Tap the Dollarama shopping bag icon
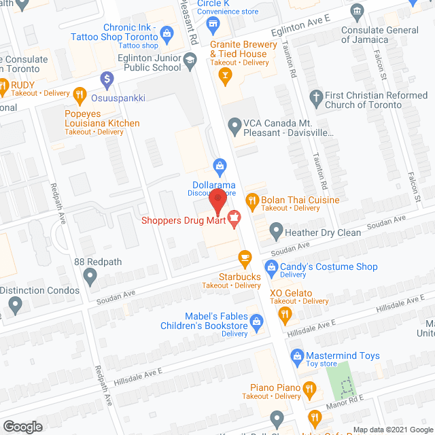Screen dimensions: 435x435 tap(220, 165)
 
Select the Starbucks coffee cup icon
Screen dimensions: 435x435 tap(245, 258)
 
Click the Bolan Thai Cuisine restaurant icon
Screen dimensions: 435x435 tap(252, 200)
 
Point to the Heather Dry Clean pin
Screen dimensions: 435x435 tap(276, 232)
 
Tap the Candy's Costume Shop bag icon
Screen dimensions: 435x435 tap(271, 267)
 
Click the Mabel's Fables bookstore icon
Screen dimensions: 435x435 tap(257, 321)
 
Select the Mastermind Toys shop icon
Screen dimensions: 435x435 tap(297, 355)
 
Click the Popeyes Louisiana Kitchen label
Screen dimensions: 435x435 tap(102, 118)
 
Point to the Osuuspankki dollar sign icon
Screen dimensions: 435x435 tap(106, 79)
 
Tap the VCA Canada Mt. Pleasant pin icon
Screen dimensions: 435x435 tap(234, 124)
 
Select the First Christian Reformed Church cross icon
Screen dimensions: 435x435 tap(315, 97)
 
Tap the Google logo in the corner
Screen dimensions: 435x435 tap(22, 426)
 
